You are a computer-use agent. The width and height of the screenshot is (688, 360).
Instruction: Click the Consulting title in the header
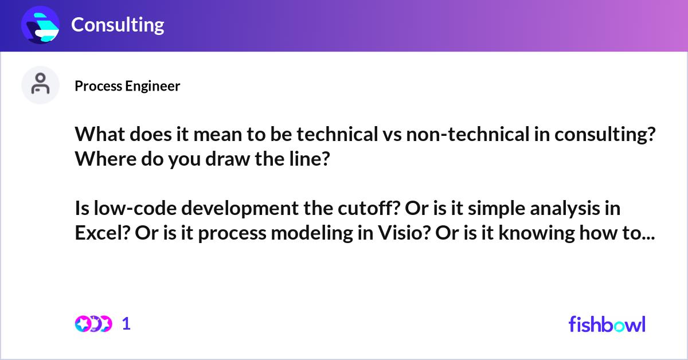pyautogui.click(x=118, y=25)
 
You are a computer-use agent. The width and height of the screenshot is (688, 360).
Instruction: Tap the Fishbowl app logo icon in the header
pyautogui.click(x=41, y=25)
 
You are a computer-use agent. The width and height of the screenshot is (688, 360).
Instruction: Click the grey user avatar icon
pyautogui.click(x=40, y=85)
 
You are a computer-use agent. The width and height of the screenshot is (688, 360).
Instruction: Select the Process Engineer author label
pyautogui.click(x=127, y=86)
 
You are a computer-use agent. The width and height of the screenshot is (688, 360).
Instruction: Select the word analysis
pyautogui.click(x=564, y=208)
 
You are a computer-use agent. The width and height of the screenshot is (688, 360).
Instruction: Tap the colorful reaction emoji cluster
pyautogui.click(x=93, y=324)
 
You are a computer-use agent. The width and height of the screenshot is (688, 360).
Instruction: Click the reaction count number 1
pyautogui.click(x=127, y=324)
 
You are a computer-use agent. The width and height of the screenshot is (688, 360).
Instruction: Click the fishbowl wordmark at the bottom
pyautogui.click(x=607, y=324)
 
